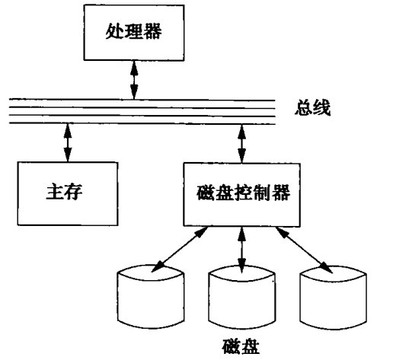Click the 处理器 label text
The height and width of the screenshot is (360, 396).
pyautogui.click(x=133, y=31)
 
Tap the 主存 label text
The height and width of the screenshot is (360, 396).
pyautogui.click(x=64, y=192)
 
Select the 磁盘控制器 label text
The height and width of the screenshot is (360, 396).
pyautogui.click(x=243, y=193)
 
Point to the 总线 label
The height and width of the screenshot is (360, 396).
pyautogui.click(x=312, y=108)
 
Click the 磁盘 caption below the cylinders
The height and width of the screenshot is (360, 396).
pyautogui.click(x=241, y=346)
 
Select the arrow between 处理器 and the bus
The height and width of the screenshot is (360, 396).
pyautogui.click(x=134, y=80)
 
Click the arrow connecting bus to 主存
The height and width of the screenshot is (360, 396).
pyautogui.click(x=68, y=142)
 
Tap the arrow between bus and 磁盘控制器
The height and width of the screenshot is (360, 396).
pyautogui.click(x=241, y=144)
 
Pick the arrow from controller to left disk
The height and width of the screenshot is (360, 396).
pyautogui.click(x=180, y=250)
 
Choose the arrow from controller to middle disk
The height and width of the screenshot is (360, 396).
pyautogui.click(x=241, y=250)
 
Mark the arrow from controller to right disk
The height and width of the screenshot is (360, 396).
pyautogui.click(x=304, y=250)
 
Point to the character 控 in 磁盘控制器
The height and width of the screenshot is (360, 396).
pyautogui.click(x=243, y=193)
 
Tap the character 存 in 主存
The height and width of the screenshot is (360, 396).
pyautogui.click(x=74, y=192)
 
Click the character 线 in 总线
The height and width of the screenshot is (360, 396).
pyautogui.click(x=322, y=108)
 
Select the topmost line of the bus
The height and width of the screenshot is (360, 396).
pyautogui.click(x=142, y=100)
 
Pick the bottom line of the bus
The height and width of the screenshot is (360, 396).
pyautogui.click(x=142, y=123)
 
